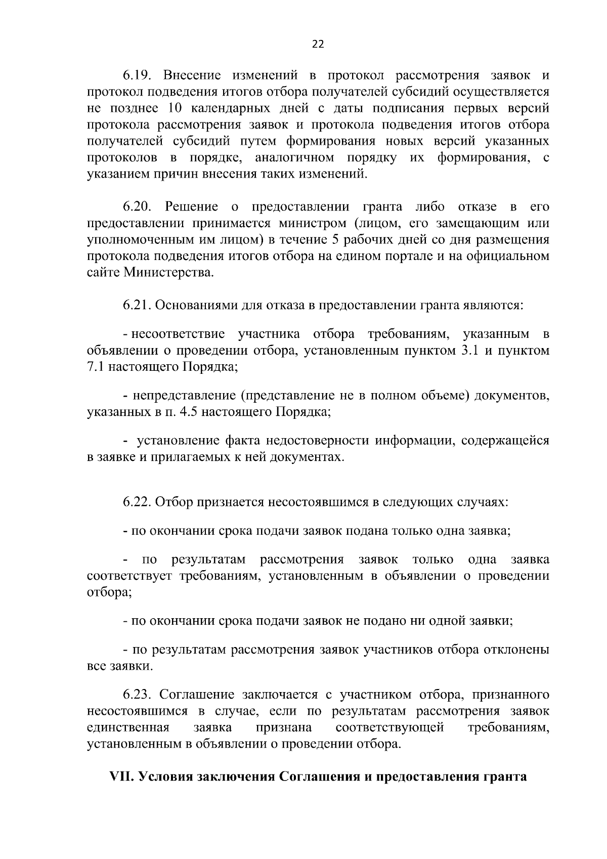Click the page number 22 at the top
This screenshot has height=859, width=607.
point(318,44)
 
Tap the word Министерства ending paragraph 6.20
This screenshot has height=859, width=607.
point(169,274)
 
